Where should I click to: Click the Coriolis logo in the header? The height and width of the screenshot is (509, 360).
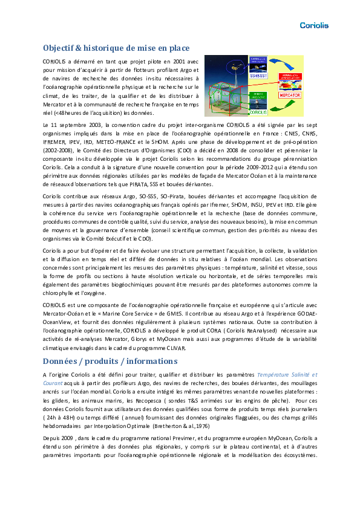[314, 25]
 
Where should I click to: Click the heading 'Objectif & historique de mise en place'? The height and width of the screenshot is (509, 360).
[116, 48]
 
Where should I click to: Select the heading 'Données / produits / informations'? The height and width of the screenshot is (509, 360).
[110, 361]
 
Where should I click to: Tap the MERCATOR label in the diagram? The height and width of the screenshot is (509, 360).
[290, 96]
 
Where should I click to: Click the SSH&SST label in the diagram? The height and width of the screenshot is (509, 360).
[258, 76]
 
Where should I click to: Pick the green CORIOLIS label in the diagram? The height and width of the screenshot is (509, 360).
[258, 112]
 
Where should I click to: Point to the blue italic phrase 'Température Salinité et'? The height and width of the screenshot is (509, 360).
[287, 375]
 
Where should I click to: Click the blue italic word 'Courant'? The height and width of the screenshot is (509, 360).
[54, 383]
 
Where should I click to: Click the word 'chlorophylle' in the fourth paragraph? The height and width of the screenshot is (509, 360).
[61, 293]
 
